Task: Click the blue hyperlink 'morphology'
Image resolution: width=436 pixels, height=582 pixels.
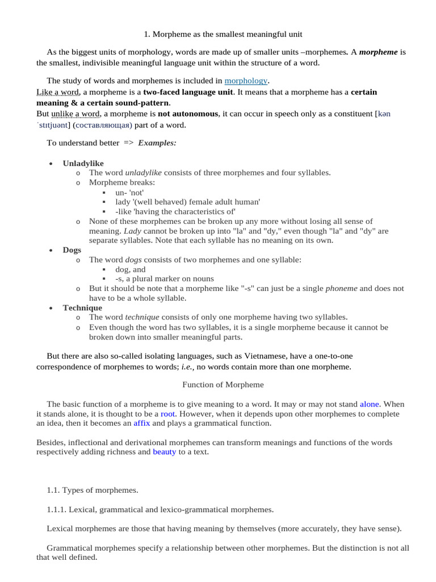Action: pos(246,81)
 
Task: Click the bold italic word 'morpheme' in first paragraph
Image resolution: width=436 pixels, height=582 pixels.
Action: pos(379,52)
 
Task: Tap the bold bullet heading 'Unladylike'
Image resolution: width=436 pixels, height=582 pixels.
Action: pos(83,163)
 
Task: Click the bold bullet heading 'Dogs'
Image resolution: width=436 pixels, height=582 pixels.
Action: pos(72,250)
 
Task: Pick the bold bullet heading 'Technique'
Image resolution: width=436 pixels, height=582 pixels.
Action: pos(82,307)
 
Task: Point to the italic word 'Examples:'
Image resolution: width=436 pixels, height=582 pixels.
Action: pos(157,143)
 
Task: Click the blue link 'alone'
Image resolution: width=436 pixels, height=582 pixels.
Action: pos(369,403)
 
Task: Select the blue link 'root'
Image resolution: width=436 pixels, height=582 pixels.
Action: pos(167,413)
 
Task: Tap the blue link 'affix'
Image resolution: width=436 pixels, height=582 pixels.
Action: pos(141,423)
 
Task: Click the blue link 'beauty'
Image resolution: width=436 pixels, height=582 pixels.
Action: pos(165,452)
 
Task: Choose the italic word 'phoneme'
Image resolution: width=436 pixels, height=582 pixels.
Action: pos(341,288)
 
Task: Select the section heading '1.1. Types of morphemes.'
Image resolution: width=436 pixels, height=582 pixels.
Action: pos(93,489)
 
